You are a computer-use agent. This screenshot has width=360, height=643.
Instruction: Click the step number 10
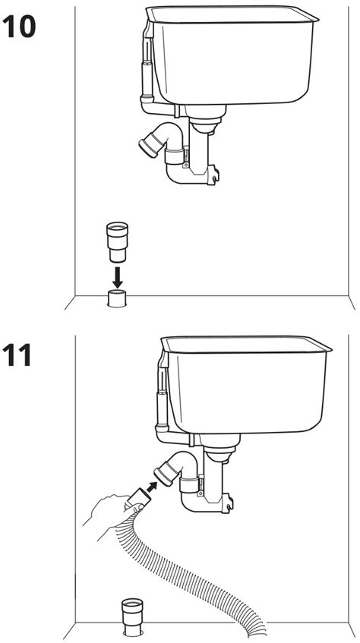(x=21, y=27)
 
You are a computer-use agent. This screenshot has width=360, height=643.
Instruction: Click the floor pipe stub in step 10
(x=117, y=298)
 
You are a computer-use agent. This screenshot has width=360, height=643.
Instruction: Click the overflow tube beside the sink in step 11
(x=159, y=399)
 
